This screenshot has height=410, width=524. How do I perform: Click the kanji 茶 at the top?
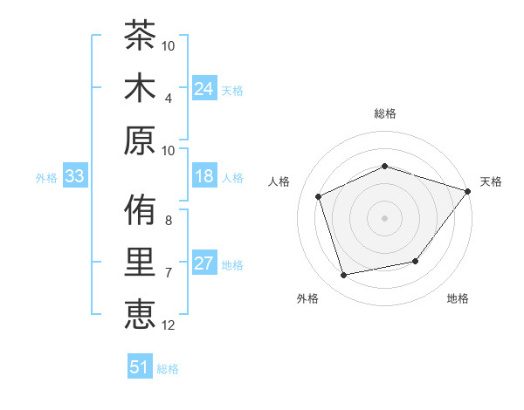(140, 35)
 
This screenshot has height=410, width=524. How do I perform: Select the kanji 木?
(140, 87)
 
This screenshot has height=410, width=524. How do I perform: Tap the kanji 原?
(140, 140)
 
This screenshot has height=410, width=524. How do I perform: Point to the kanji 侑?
(140, 209)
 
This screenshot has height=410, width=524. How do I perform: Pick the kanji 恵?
(140, 314)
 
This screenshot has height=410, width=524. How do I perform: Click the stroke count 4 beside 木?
(168, 99)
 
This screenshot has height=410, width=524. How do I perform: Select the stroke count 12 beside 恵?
(168, 325)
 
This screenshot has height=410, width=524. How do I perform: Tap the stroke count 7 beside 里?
(168, 273)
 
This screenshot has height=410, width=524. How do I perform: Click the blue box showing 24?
(204, 88)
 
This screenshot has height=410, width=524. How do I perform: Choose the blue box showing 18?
(204, 175)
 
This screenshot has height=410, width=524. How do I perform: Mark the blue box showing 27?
(204, 262)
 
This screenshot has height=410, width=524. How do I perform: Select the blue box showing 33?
(75, 175)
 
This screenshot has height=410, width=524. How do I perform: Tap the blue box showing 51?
(140, 366)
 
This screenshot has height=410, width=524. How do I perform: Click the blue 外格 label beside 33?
(46, 178)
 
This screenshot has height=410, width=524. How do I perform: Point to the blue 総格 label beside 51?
(168, 369)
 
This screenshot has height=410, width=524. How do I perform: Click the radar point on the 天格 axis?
(467, 191)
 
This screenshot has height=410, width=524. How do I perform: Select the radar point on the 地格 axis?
(416, 261)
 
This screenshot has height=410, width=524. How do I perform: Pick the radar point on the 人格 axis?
(319, 196)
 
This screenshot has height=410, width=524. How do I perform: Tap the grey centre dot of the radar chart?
(384, 218)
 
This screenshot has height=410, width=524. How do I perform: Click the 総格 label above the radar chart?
(385, 113)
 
